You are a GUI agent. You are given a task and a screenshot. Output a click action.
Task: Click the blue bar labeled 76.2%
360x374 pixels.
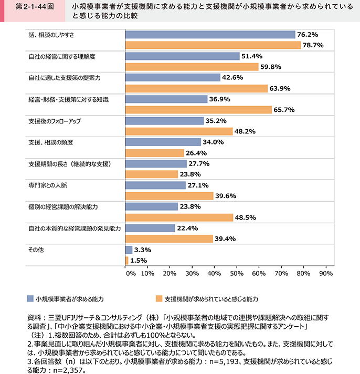[210, 35]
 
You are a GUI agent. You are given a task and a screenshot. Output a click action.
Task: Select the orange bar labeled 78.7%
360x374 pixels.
[213, 45]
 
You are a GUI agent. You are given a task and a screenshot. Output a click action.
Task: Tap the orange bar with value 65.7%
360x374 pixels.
[198, 110]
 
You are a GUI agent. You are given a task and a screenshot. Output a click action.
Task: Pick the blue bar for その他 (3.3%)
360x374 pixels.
[129, 250]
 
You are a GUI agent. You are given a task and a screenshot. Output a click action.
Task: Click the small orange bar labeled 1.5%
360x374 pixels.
[127, 260]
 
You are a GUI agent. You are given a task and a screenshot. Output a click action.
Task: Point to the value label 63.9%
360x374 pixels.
[281, 88]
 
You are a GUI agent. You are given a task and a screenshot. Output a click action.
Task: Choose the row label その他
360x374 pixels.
[35, 250]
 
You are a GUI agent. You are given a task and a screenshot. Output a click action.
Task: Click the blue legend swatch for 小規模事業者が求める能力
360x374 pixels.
[30, 298]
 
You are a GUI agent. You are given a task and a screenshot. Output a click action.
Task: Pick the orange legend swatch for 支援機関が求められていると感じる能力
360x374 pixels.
[159, 298]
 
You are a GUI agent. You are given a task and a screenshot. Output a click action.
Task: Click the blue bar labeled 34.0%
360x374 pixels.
[163, 142]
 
